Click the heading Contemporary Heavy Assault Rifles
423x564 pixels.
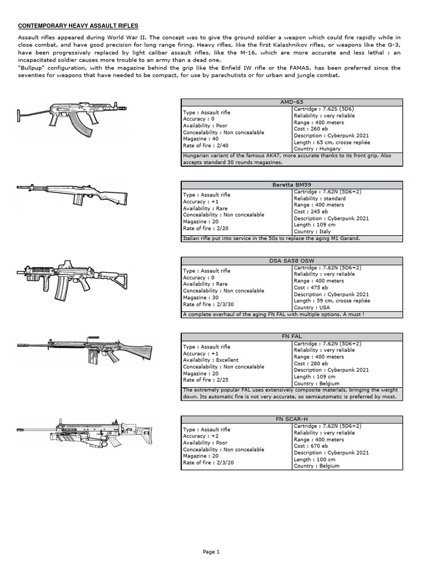pos(78,26)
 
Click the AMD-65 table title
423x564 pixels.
pos(291,102)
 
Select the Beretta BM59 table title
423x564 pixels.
pos(291,185)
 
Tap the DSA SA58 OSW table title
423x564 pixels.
pos(291,261)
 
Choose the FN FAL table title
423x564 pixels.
pos(291,335)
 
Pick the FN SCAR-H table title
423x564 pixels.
pos(291,419)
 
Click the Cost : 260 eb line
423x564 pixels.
pos(311,129)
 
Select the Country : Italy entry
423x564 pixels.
pos(312,231)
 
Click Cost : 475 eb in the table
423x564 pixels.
pos(311,288)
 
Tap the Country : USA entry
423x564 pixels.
pos(312,307)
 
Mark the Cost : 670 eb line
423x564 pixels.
pos(311,446)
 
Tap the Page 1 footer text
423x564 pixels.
pos(211,551)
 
